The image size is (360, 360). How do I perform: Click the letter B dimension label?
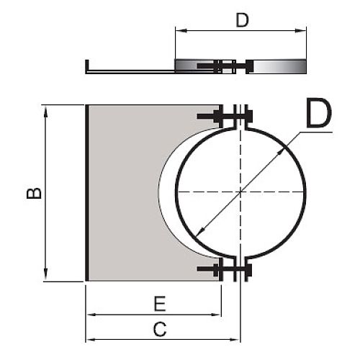[34, 193]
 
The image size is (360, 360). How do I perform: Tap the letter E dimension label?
[160, 304]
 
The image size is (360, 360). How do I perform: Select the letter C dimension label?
[160, 329]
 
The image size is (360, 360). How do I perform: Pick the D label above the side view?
[242, 20]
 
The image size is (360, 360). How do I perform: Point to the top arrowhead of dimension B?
[45, 111]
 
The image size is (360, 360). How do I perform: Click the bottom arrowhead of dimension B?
[45, 275]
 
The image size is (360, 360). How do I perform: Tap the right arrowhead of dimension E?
[215, 315]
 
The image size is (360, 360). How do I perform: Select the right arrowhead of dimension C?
[235, 340]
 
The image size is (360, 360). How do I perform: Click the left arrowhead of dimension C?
[91, 340]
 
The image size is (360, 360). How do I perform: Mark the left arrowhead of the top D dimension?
[181, 30]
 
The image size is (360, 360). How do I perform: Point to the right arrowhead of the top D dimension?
[300, 30]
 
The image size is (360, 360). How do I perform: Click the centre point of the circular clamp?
[240, 192]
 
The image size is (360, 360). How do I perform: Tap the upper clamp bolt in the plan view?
[225, 116]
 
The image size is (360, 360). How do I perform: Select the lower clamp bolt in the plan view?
[225, 269]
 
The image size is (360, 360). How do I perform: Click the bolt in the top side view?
[225, 66]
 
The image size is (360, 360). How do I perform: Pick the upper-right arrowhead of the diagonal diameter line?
[281, 152]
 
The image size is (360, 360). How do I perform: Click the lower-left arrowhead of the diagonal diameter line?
[201, 232]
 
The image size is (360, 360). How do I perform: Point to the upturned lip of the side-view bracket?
[87, 66]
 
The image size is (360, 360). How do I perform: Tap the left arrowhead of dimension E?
[91, 315]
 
